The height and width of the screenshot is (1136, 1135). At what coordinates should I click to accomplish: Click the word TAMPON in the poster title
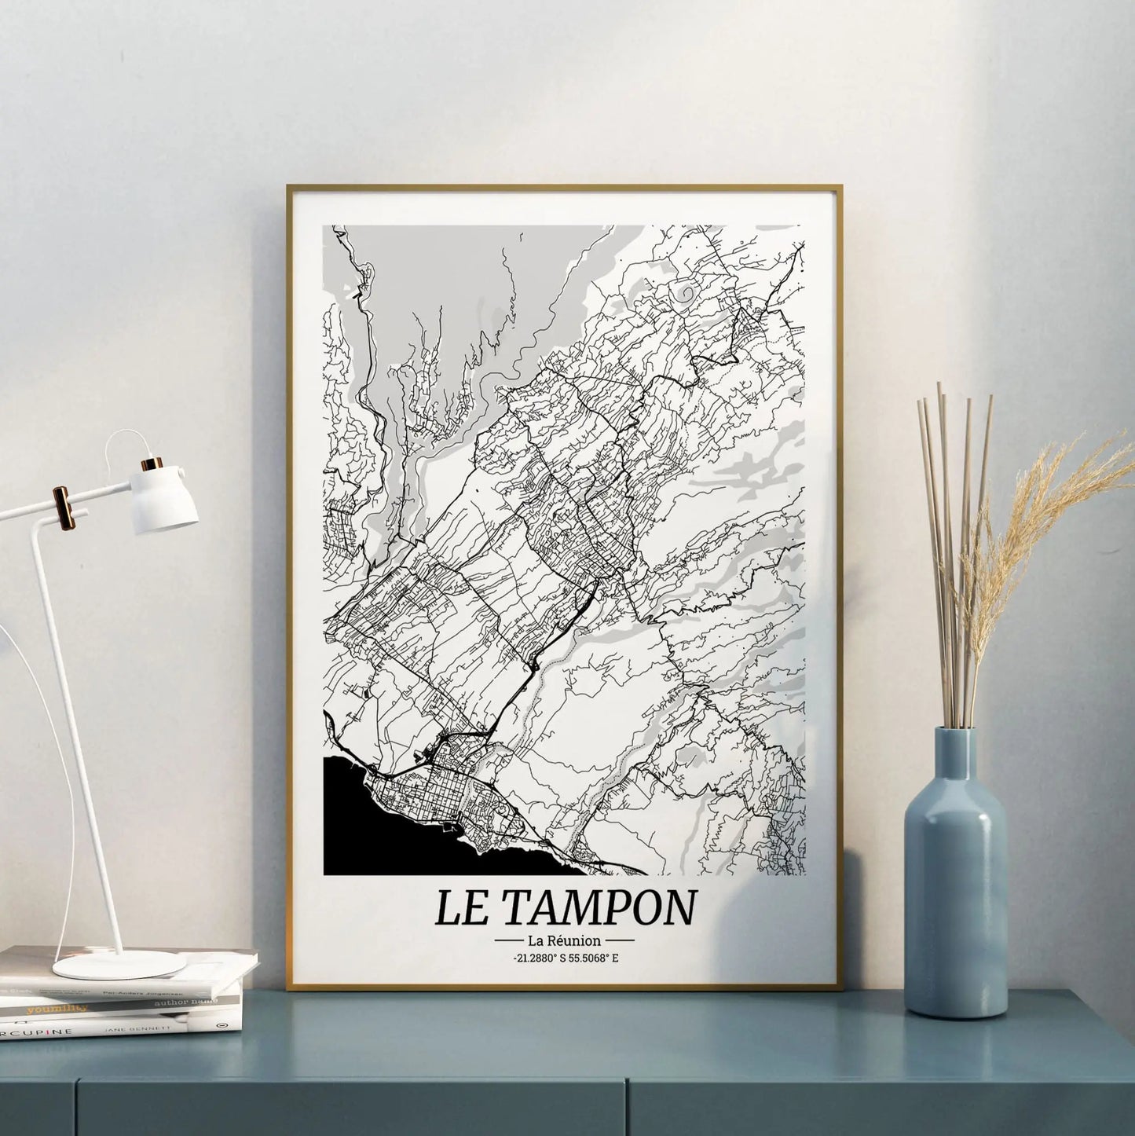pos(599,907)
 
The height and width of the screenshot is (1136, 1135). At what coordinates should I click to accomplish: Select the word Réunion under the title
pos(577,940)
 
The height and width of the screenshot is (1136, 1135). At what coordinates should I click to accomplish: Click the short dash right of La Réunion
pos(621,940)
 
